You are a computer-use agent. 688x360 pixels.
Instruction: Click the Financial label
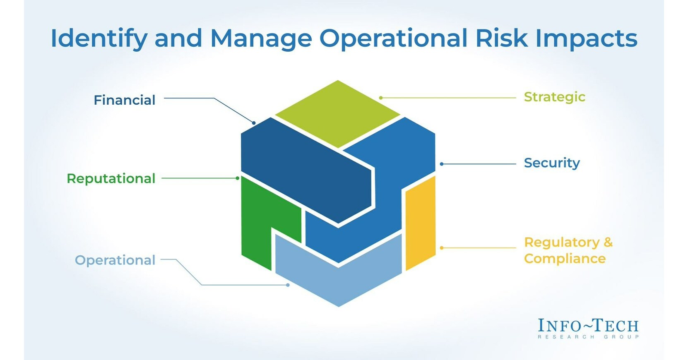(124, 100)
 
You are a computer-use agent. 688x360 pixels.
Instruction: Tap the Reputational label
(111, 178)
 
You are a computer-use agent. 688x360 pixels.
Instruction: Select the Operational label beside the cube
(115, 260)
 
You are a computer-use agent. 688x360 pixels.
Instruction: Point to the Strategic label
(554, 97)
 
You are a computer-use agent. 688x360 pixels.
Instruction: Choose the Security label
(552, 163)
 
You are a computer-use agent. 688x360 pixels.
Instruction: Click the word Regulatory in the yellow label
(561, 242)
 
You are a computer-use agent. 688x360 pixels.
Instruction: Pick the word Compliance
(565, 259)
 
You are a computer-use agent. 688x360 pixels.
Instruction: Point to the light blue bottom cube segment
(339, 281)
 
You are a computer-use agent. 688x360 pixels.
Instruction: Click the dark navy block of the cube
(306, 170)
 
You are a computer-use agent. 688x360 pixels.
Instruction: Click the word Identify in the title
(99, 38)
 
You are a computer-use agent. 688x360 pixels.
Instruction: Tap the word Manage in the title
(261, 38)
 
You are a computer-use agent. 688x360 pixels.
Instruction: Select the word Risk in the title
(501, 38)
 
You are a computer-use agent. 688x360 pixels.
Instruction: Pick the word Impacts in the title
(586, 38)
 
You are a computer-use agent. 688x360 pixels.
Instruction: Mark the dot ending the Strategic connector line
(381, 98)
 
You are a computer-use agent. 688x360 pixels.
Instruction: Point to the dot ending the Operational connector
(288, 285)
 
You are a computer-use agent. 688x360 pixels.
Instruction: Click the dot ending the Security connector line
(442, 164)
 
